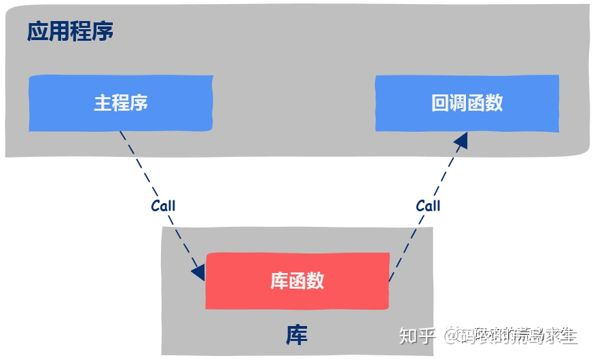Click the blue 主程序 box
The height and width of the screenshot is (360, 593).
click(120, 103)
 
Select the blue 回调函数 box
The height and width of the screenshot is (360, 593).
click(467, 103)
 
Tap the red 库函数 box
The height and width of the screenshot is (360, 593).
click(297, 281)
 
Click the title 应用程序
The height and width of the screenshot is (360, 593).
click(70, 31)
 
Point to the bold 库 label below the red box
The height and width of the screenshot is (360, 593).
click(296, 334)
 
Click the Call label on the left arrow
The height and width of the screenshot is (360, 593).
click(163, 206)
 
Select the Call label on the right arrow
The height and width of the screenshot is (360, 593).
click(428, 205)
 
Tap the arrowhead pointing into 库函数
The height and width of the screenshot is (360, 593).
click(198, 272)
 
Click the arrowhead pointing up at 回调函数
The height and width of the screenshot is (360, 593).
click(461, 141)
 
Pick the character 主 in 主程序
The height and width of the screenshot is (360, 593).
click(103, 103)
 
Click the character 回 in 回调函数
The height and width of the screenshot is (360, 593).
click(439, 103)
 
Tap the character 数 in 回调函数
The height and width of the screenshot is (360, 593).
click(494, 103)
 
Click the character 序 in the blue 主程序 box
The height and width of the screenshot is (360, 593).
click(139, 103)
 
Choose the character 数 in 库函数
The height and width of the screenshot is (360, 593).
click(315, 281)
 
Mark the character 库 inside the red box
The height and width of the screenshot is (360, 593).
click(279, 281)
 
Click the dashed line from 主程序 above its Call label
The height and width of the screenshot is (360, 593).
click(139, 166)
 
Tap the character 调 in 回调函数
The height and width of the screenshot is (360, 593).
click(458, 103)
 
